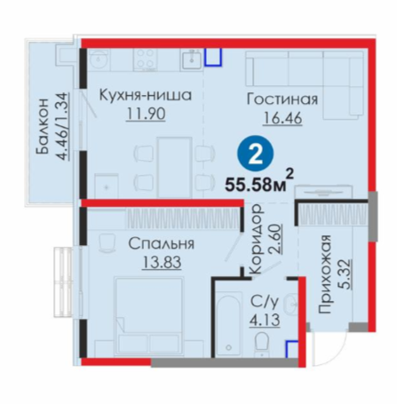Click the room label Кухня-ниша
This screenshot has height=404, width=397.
coord(146,95)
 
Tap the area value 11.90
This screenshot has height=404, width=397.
coord(146,114)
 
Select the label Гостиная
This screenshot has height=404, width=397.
coord(282,99)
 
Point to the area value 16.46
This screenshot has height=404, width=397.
coord(282,118)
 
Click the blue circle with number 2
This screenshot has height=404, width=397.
coord(255,154)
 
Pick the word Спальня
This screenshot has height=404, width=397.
coord(162,243)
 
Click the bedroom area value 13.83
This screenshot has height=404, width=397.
coord(162,262)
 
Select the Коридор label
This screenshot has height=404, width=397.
coord(255,240)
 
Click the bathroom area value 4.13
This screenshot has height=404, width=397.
coord(265,320)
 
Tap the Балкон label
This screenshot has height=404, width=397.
coord(43,126)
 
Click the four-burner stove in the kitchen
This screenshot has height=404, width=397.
coord(145,59)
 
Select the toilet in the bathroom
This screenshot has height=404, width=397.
coord(261,344)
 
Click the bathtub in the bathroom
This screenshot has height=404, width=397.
coord(227,323)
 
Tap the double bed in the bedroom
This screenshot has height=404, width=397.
coord(149,316)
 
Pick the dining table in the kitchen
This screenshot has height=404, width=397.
coord(175,167)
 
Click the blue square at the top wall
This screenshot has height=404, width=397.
coord(213,57)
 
